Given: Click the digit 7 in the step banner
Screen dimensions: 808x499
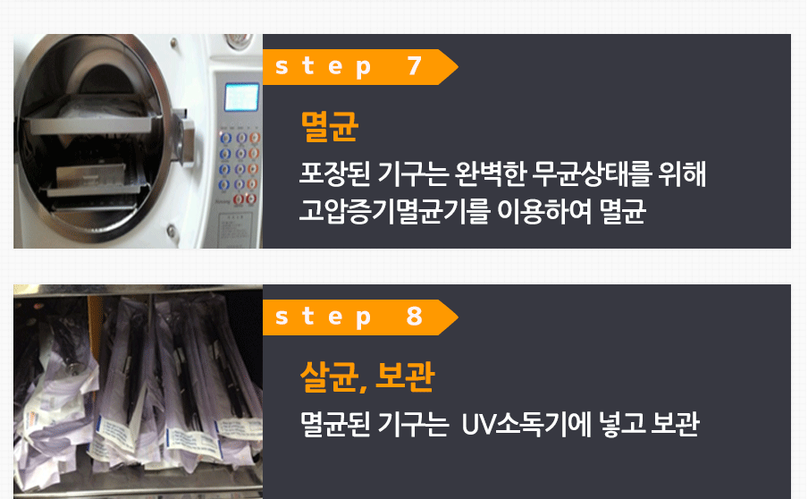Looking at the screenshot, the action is [x=415, y=66].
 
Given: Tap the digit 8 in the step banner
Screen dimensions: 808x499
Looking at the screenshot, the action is [x=415, y=317].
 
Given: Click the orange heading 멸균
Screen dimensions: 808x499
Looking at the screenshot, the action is [x=329, y=126].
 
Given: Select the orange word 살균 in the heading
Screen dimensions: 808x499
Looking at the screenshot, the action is [x=331, y=376].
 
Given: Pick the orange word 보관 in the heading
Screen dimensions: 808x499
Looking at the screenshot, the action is [x=405, y=376].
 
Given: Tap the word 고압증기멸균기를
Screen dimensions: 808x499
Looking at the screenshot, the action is [x=393, y=211].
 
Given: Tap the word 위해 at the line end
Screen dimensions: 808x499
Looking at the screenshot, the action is [x=682, y=173].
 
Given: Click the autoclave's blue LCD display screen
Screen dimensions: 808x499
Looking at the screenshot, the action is [x=241, y=97].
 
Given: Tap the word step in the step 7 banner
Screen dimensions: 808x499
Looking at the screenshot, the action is [x=323, y=67].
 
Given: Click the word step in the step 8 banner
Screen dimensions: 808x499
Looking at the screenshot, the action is [x=323, y=317].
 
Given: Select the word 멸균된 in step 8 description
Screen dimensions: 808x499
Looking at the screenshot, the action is [x=335, y=424].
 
